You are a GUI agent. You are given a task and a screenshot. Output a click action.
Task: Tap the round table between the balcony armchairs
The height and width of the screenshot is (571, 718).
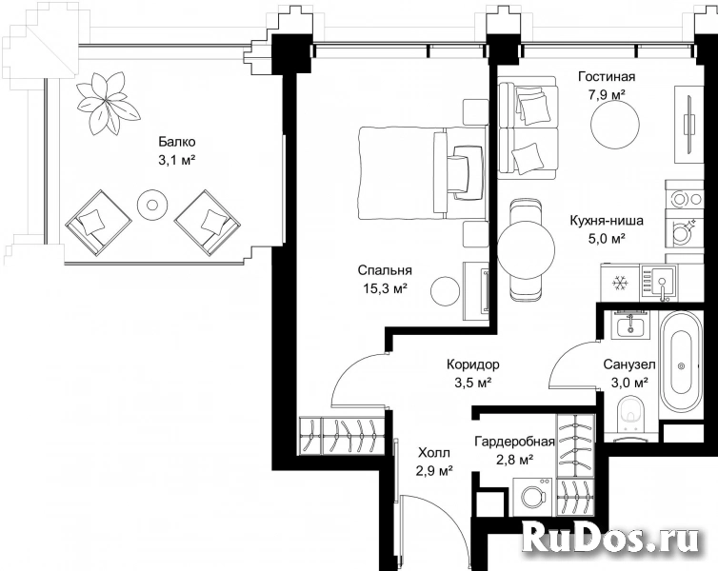pos(151,204)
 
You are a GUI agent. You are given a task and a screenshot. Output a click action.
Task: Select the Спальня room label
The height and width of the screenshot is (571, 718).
pos(385,270)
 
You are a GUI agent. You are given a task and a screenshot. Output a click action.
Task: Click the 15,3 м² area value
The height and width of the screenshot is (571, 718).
pos(385,288)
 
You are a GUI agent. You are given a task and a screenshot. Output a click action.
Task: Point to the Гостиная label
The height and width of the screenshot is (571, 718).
pos(607,76)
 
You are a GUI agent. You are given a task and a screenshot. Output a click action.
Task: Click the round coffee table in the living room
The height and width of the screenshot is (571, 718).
pos(614,124)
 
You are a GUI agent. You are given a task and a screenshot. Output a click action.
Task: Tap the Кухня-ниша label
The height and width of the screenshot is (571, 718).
pos(607,221)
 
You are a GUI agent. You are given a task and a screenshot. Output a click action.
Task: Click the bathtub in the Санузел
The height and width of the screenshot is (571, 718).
pos(681,364)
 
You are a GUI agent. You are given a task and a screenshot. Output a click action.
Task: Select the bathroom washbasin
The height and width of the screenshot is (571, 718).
pos(631,325)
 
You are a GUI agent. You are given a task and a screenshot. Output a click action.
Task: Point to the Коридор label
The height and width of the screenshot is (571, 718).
pos(473,364)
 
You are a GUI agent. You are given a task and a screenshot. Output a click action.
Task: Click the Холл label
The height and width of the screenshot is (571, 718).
pos(434,453)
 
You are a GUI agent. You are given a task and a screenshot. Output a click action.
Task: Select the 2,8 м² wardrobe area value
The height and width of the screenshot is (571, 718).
pos(514,460)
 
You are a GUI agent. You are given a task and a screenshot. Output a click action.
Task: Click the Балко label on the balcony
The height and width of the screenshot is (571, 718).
pos(177,142)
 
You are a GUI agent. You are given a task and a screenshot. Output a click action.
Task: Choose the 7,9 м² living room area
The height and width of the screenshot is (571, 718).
pos(607,95)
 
